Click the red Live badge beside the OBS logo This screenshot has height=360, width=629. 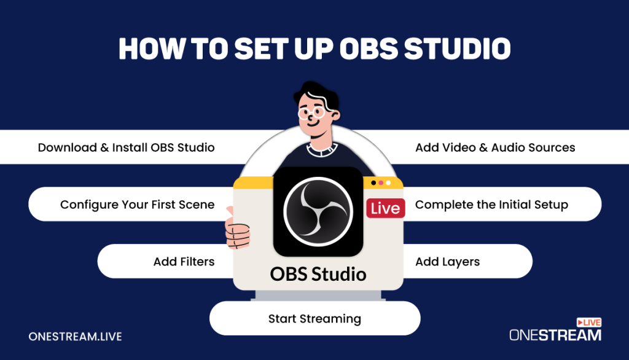[x=385, y=208]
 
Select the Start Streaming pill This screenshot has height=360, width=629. [x=314, y=318]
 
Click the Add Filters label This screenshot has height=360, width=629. [x=184, y=262]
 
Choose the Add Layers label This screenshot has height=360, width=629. [x=447, y=262]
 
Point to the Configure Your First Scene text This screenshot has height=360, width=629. [x=137, y=205]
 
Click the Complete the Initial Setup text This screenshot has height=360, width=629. [x=491, y=205]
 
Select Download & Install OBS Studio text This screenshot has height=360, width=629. [x=126, y=147]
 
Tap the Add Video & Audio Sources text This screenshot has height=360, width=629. [x=495, y=147]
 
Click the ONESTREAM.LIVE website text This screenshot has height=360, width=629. [x=75, y=336]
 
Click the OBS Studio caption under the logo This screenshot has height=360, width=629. [x=318, y=273]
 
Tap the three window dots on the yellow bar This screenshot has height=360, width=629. [x=381, y=182]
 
